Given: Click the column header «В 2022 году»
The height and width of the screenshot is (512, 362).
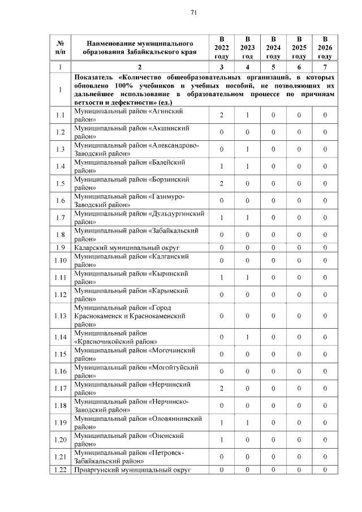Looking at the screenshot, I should tap(222, 48).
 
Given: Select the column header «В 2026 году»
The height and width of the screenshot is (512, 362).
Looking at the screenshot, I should tap(325, 48).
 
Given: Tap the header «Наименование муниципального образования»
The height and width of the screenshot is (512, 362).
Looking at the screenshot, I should tap(140, 48).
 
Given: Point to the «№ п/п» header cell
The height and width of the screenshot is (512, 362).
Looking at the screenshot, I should tap(61, 48).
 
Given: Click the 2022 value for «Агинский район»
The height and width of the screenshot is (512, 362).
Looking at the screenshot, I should tap(222, 115).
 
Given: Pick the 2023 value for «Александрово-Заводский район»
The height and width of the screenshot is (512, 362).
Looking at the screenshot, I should tap(247, 149).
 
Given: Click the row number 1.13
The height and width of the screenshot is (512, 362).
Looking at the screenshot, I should tap(61, 316).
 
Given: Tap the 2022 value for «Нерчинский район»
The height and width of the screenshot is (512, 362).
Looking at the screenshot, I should tap(222, 388).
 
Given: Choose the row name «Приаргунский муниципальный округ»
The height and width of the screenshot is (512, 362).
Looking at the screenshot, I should tap(132, 470).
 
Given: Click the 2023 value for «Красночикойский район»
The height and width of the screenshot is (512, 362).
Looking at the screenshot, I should tap(247, 337).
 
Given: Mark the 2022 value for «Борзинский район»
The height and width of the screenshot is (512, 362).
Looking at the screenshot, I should tap(222, 183).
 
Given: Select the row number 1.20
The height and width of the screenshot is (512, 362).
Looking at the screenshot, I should tap(61, 439).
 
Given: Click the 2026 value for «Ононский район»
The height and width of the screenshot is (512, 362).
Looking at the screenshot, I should tap(325, 439).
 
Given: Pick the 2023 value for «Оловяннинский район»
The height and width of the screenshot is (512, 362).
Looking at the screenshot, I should tap(247, 422).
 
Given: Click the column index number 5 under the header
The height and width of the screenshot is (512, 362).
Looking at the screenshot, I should tap(273, 67).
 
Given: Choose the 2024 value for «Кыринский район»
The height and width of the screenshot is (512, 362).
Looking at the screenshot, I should tap(273, 277).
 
